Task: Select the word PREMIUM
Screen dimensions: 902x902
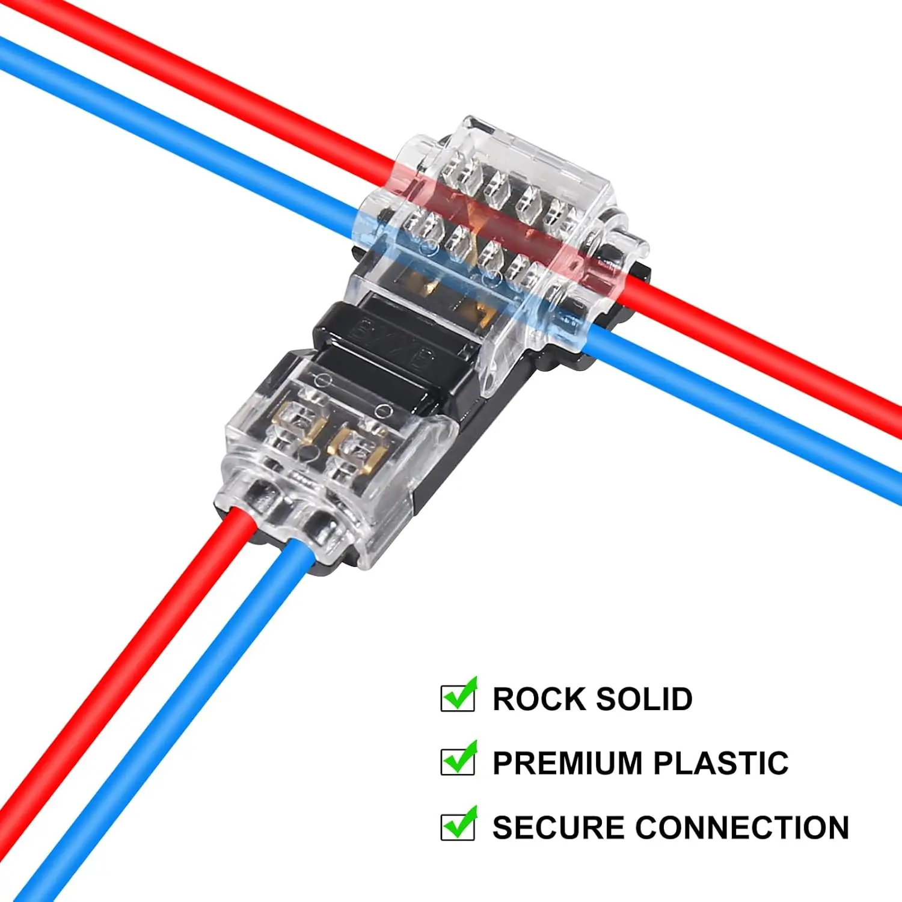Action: pos(568,763)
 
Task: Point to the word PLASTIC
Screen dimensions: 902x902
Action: pos(721,763)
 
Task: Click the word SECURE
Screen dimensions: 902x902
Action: pos(558,827)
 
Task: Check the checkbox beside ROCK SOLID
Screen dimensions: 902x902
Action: pos(458,697)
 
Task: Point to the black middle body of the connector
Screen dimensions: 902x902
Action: pos(385,349)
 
